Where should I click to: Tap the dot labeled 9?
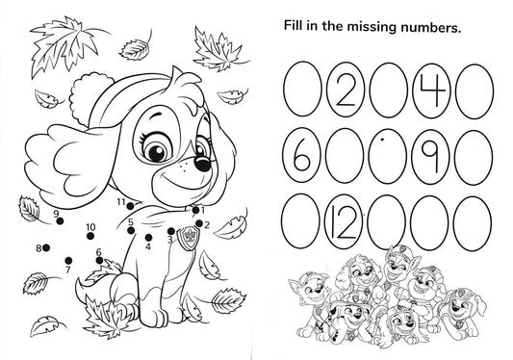(60, 221)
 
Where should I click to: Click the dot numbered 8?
(46, 248)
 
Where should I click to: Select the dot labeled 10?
(90, 236)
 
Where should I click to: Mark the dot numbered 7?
(68, 261)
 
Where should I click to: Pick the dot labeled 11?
(130, 206)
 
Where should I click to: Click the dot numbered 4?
(148, 237)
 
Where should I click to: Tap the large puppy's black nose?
(202, 163)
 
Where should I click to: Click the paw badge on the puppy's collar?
(188, 238)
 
